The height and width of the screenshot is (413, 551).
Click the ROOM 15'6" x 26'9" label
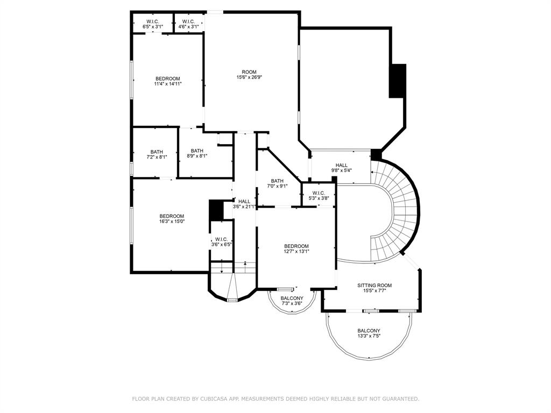click(x=249, y=75)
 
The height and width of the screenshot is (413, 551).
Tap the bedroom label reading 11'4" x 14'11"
click(x=167, y=81)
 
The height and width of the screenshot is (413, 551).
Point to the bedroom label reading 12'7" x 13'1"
click(x=296, y=248)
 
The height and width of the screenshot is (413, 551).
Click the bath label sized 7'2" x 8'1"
click(x=157, y=154)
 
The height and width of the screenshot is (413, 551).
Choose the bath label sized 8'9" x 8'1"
click(x=197, y=153)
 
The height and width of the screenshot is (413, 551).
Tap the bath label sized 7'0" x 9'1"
click(x=277, y=183)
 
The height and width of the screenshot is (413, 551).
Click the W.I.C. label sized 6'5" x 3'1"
click(x=152, y=24)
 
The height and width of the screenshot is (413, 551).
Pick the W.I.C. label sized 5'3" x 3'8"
click(x=318, y=195)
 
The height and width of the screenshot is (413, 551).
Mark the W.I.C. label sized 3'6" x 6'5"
click(x=221, y=242)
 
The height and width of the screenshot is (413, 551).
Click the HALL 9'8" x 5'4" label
click(x=342, y=168)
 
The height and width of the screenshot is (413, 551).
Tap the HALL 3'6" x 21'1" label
click(x=244, y=204)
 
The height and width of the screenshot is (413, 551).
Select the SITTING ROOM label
click(x=375, y=288)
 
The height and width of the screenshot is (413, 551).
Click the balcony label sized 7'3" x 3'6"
click(x=292, y=301)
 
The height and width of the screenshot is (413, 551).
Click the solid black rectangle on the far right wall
click(x=398, y=81)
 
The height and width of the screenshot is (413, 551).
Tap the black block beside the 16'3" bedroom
click(x=216, y=210)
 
